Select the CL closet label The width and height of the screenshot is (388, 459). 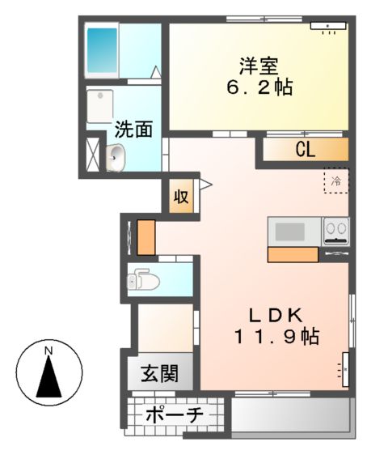point(304,149)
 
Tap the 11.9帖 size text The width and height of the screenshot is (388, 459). point(272,337)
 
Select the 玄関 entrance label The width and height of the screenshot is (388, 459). point(161,375)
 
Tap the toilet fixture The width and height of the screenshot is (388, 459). point(143,280)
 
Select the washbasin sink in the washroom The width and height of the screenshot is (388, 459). point(115,158)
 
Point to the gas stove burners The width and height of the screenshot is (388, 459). point(335,232)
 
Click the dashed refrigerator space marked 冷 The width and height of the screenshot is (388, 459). point(335,181)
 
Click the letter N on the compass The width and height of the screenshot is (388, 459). point(48,350)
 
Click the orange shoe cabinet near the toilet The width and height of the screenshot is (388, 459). point(145,236)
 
